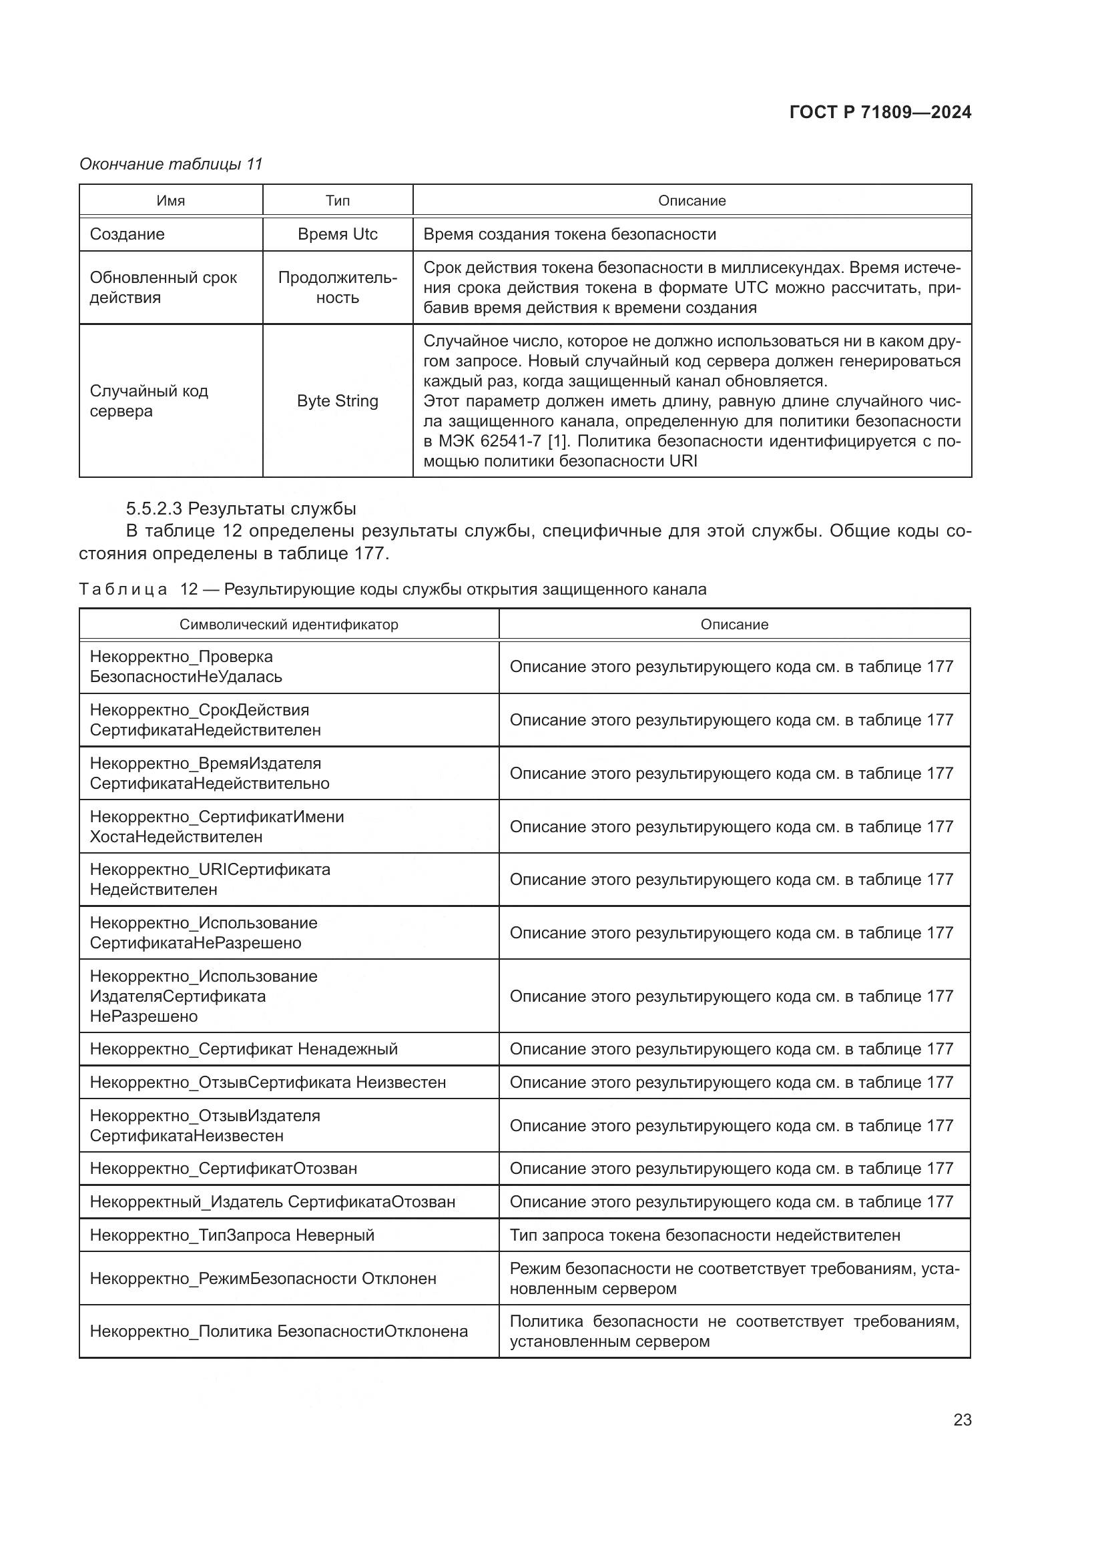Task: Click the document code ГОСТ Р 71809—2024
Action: [x=880, y=113]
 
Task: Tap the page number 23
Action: [x=962, y=1420]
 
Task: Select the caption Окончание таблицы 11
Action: [x=171, y=164]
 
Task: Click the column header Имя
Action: [x=171, y=201]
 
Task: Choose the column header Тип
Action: [x=337, y=201]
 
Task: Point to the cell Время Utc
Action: [x=337, y=234]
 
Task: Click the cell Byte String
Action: [x=337, y=400]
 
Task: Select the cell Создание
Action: [x=127, y=234]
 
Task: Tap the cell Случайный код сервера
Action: [x=149, y=400]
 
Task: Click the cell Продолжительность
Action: [x=337, y=288]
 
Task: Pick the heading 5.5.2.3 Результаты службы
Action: [x=241, y=509]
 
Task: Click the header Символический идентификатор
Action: [x=289, y=624]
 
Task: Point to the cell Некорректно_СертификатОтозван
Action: [x=224, y=1168]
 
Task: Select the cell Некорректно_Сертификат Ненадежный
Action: [x=244, y=1048]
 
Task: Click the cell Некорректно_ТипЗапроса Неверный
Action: [x=232, y=1235]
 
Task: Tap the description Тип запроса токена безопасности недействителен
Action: [x=705, y=1235]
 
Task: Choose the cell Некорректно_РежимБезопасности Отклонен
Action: [x=263, y=1278]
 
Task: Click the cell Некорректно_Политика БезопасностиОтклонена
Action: [x=279, y=1331]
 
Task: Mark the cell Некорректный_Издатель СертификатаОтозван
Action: [x=272, y=1201]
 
